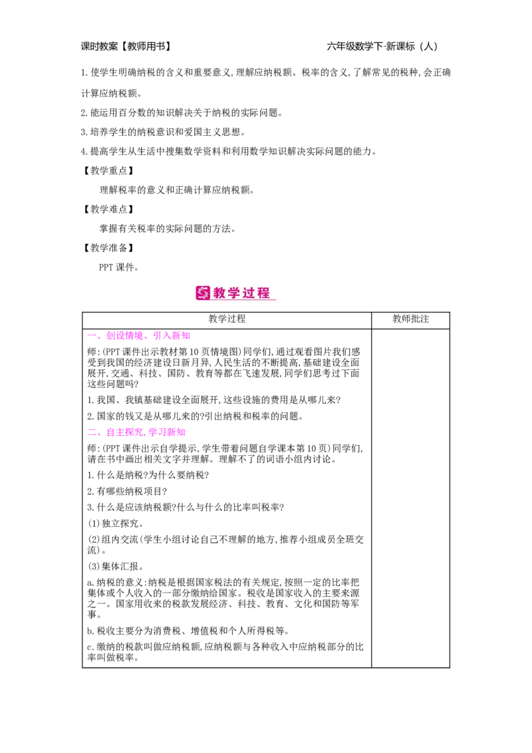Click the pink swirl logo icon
pos(202,293)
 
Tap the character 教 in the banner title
pos(220,293)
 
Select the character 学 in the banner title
pos(235,293)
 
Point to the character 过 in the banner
pos(249,293)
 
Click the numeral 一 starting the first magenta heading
pos(91,336)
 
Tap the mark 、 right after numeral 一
pos(99,338)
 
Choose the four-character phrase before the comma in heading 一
pos(125,336)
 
